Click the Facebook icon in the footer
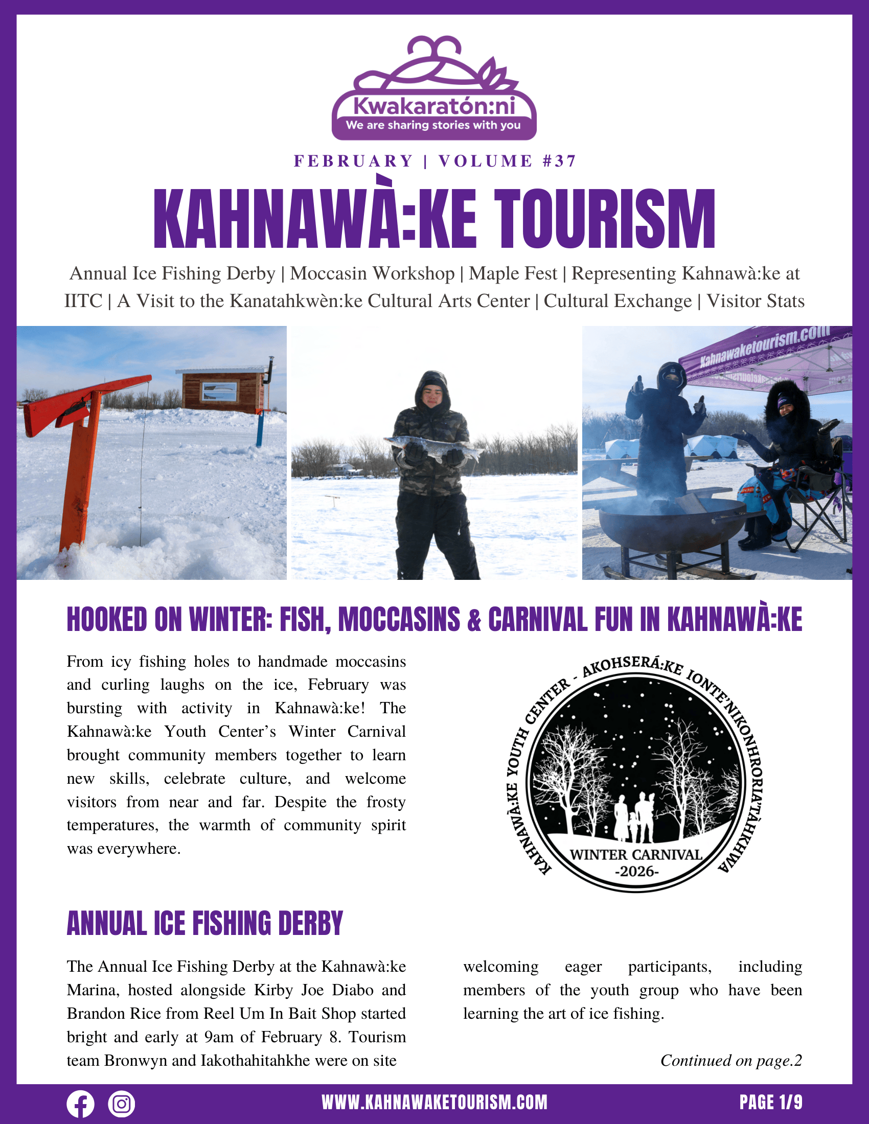pyautogui.click(x=80, y=1104)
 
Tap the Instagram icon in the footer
pyautogui.click(x=122, y=1104)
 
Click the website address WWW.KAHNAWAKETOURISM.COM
pyautogui.click(x=435, y=1103)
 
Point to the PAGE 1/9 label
pyautogui.click(x=771, y=1103)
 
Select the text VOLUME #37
pyautogui.click(x=507, y=161)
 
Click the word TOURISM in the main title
pyautogui.click(x=605, y=219)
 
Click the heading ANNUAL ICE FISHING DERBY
pyautogui.click(x=205, y=923)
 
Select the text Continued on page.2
pyautogui.click(x=731, y=1060)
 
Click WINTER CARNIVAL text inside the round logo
pyautogui.click(x=636, y=855)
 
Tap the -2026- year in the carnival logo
pyautogui.click(x=637, y=872)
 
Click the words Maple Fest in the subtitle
pyautogui.click(x=513, y=273)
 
